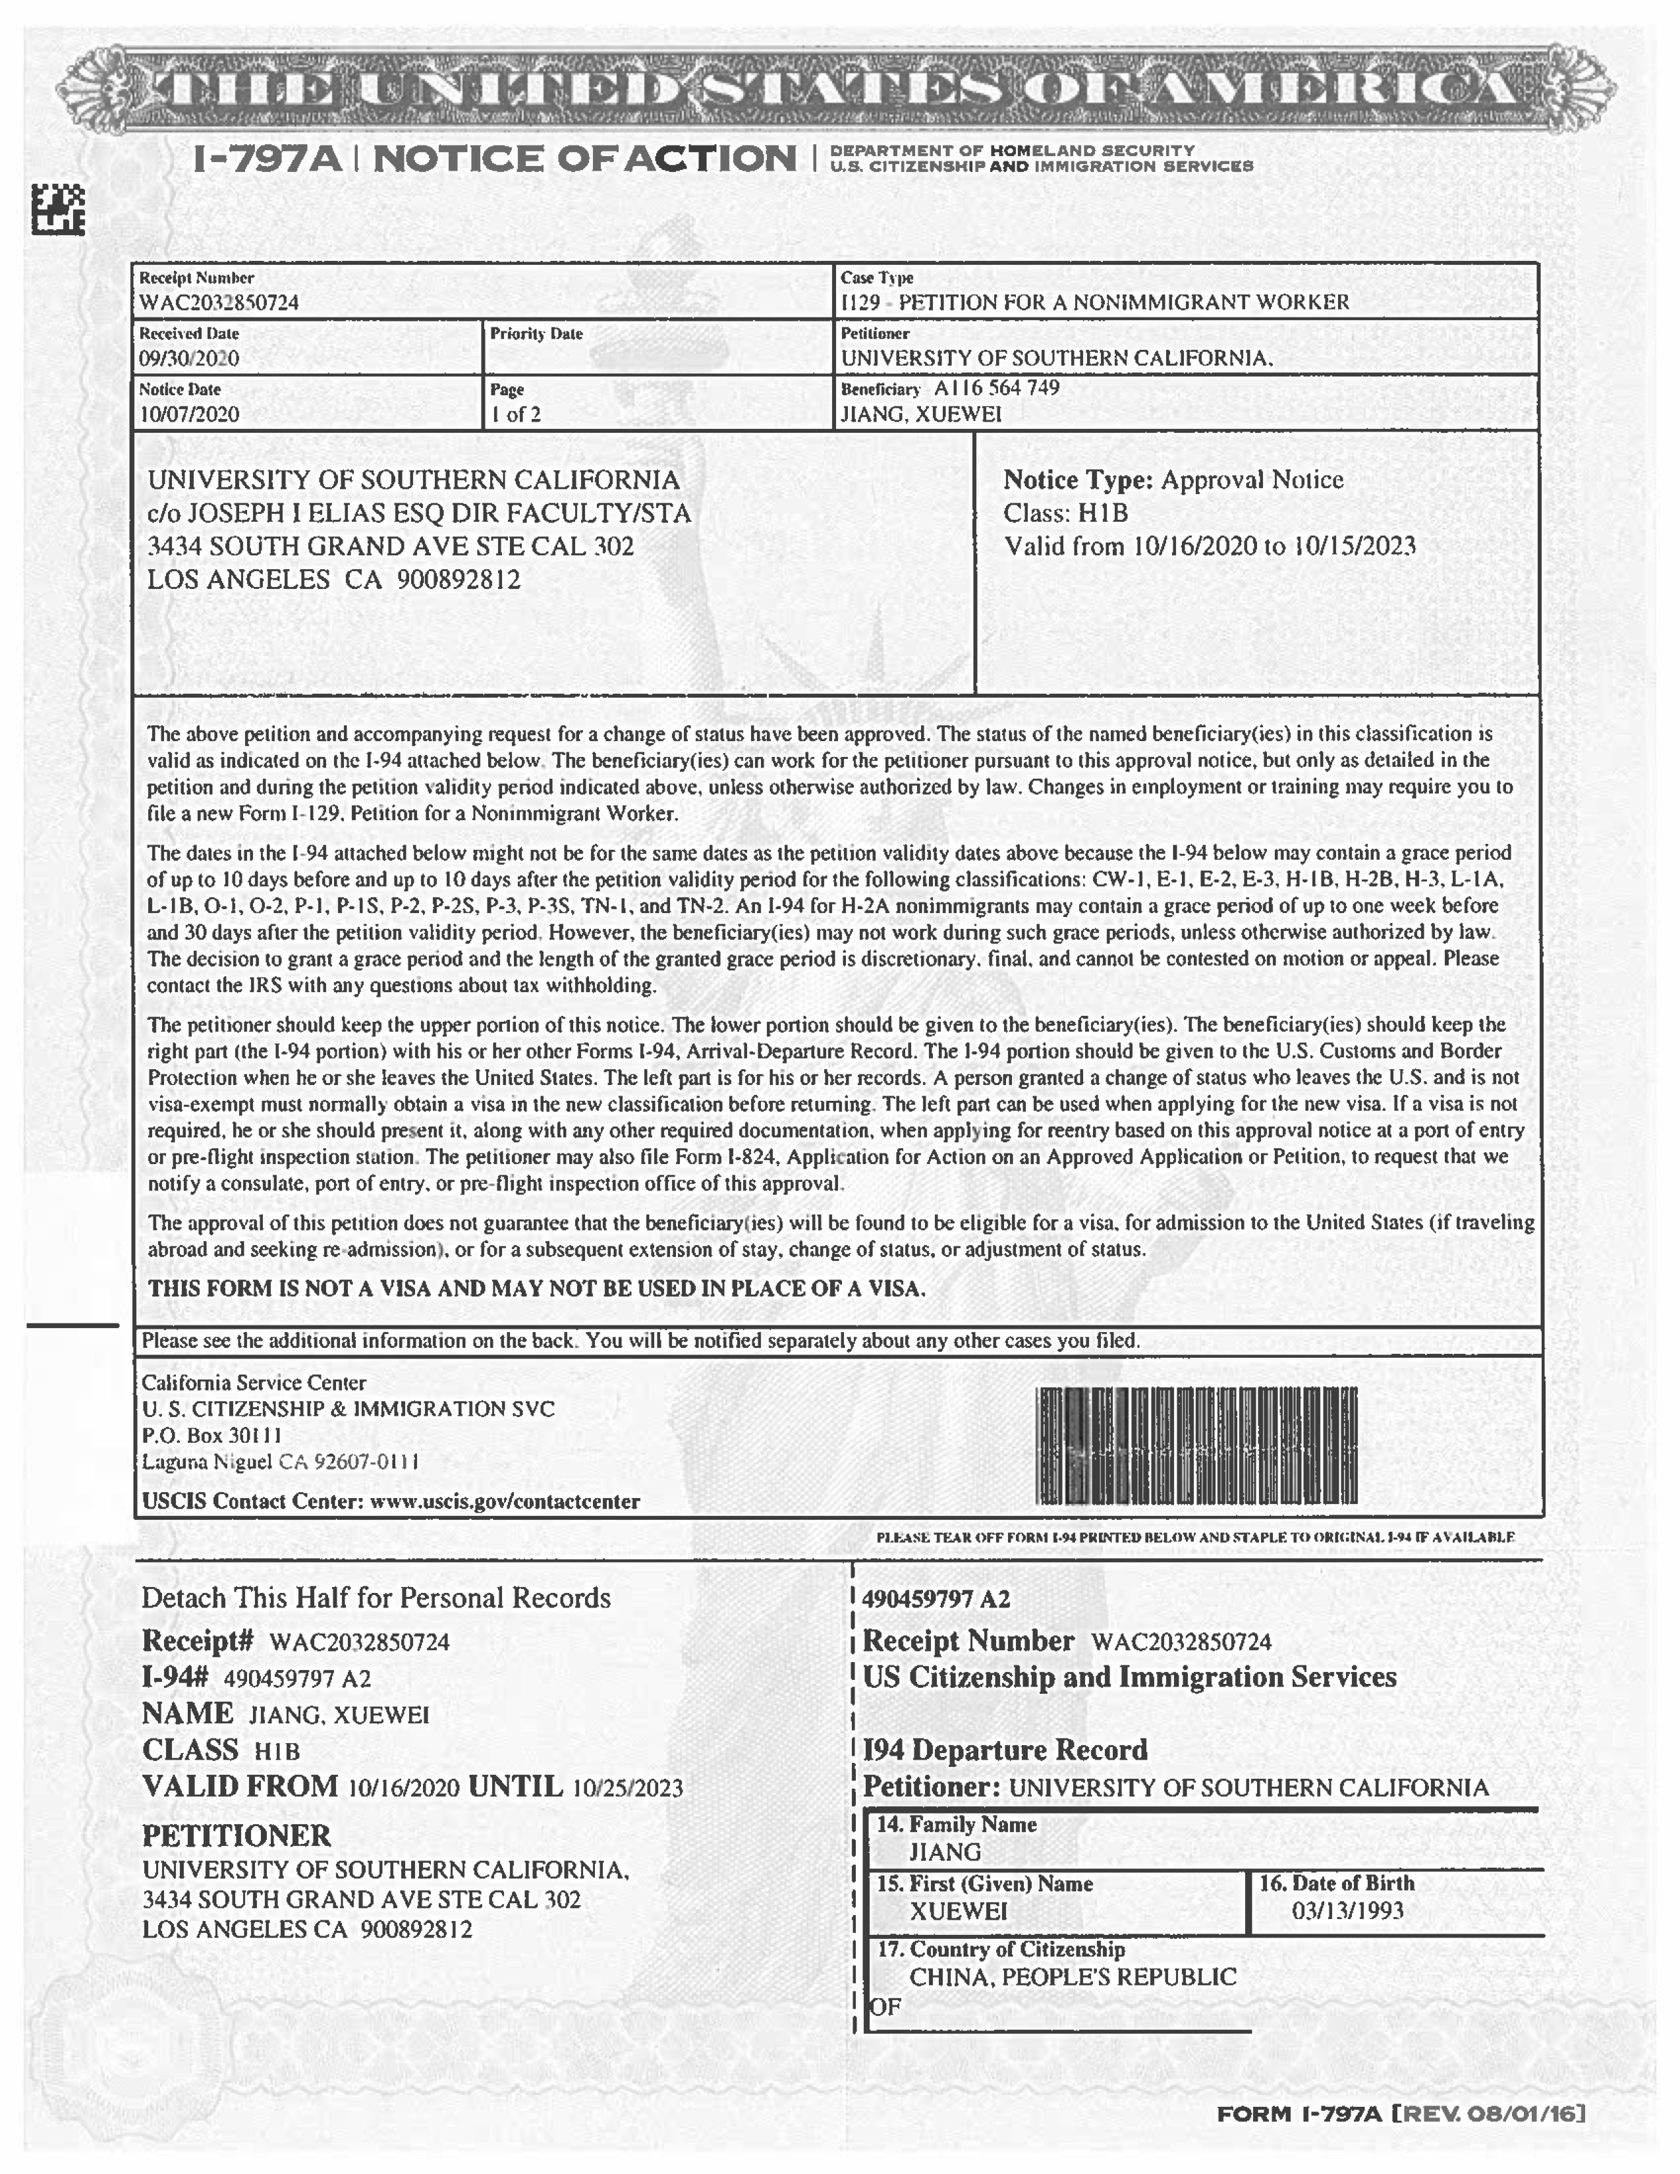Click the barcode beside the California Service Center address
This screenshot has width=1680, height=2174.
(1196, 1444)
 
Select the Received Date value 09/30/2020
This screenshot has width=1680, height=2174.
(189, 358)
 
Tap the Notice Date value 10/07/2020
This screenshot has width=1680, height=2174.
(189, 414)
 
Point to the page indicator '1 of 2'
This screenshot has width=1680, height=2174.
(516, 414)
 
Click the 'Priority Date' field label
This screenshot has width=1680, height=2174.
(536, 333)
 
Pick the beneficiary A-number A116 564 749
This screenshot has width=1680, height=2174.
(996, 387)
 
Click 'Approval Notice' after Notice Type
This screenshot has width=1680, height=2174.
(1252, 480)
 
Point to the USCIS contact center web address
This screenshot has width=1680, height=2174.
(505, 1501)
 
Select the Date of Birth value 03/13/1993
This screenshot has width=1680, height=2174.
(1347, 1910)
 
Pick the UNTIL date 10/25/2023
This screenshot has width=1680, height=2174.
(627, 1788)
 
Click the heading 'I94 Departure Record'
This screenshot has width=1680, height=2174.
(1004, 1749)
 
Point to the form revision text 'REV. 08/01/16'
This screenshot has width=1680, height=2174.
(1494, 2113)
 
